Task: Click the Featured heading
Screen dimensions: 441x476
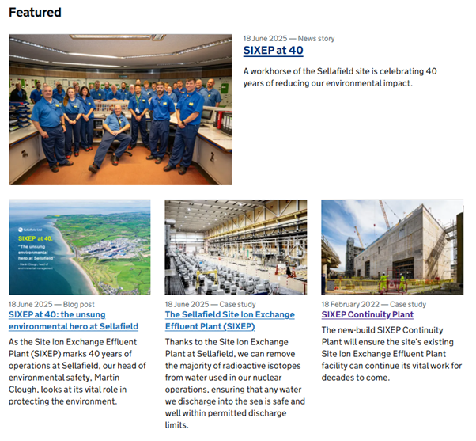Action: [x=35, y=13]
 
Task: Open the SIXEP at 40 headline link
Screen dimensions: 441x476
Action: [x=273, y=50]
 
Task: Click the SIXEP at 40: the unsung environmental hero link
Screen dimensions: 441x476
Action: [x=73, y=320]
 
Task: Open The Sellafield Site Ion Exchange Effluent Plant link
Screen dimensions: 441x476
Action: [x=229, y=320]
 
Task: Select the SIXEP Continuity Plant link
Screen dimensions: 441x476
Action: [x=367, y=314]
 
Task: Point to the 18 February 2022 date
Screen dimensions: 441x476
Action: [x=350, y=304]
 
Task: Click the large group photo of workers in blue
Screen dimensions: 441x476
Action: [x=119, y=108]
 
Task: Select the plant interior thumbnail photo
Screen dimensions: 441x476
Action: [x=236, y=247]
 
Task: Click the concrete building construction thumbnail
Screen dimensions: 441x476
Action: [x=391, y=247]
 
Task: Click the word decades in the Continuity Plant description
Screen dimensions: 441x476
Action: [x=339, y=378]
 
